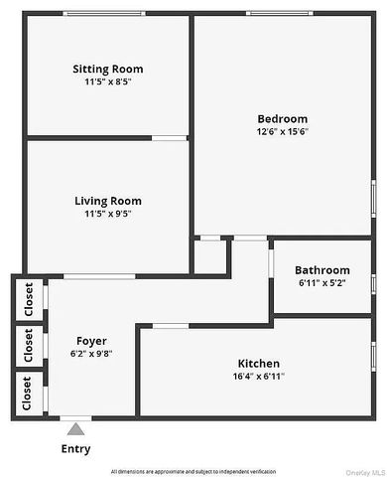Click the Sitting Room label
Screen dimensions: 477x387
[107, 69]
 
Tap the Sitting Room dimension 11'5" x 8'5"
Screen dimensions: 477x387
[107, 82]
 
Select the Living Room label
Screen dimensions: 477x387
[108, 201]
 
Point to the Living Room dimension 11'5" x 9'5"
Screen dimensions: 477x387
[108, 215]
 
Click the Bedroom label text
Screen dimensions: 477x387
[282, 119]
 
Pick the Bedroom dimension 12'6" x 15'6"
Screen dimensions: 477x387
[282, 133]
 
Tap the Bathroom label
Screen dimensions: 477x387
[322, 270]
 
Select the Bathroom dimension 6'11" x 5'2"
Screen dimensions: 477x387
[322, 283]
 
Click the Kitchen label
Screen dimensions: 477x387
[258, 364]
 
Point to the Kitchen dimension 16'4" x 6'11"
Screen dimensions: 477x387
[258, 378]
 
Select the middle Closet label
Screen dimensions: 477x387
[29, 345]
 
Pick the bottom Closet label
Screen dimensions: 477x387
[29, 392]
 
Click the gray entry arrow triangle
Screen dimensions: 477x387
[75, 429]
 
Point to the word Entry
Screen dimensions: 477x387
[75, 449]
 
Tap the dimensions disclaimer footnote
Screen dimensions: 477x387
[193, 470]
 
